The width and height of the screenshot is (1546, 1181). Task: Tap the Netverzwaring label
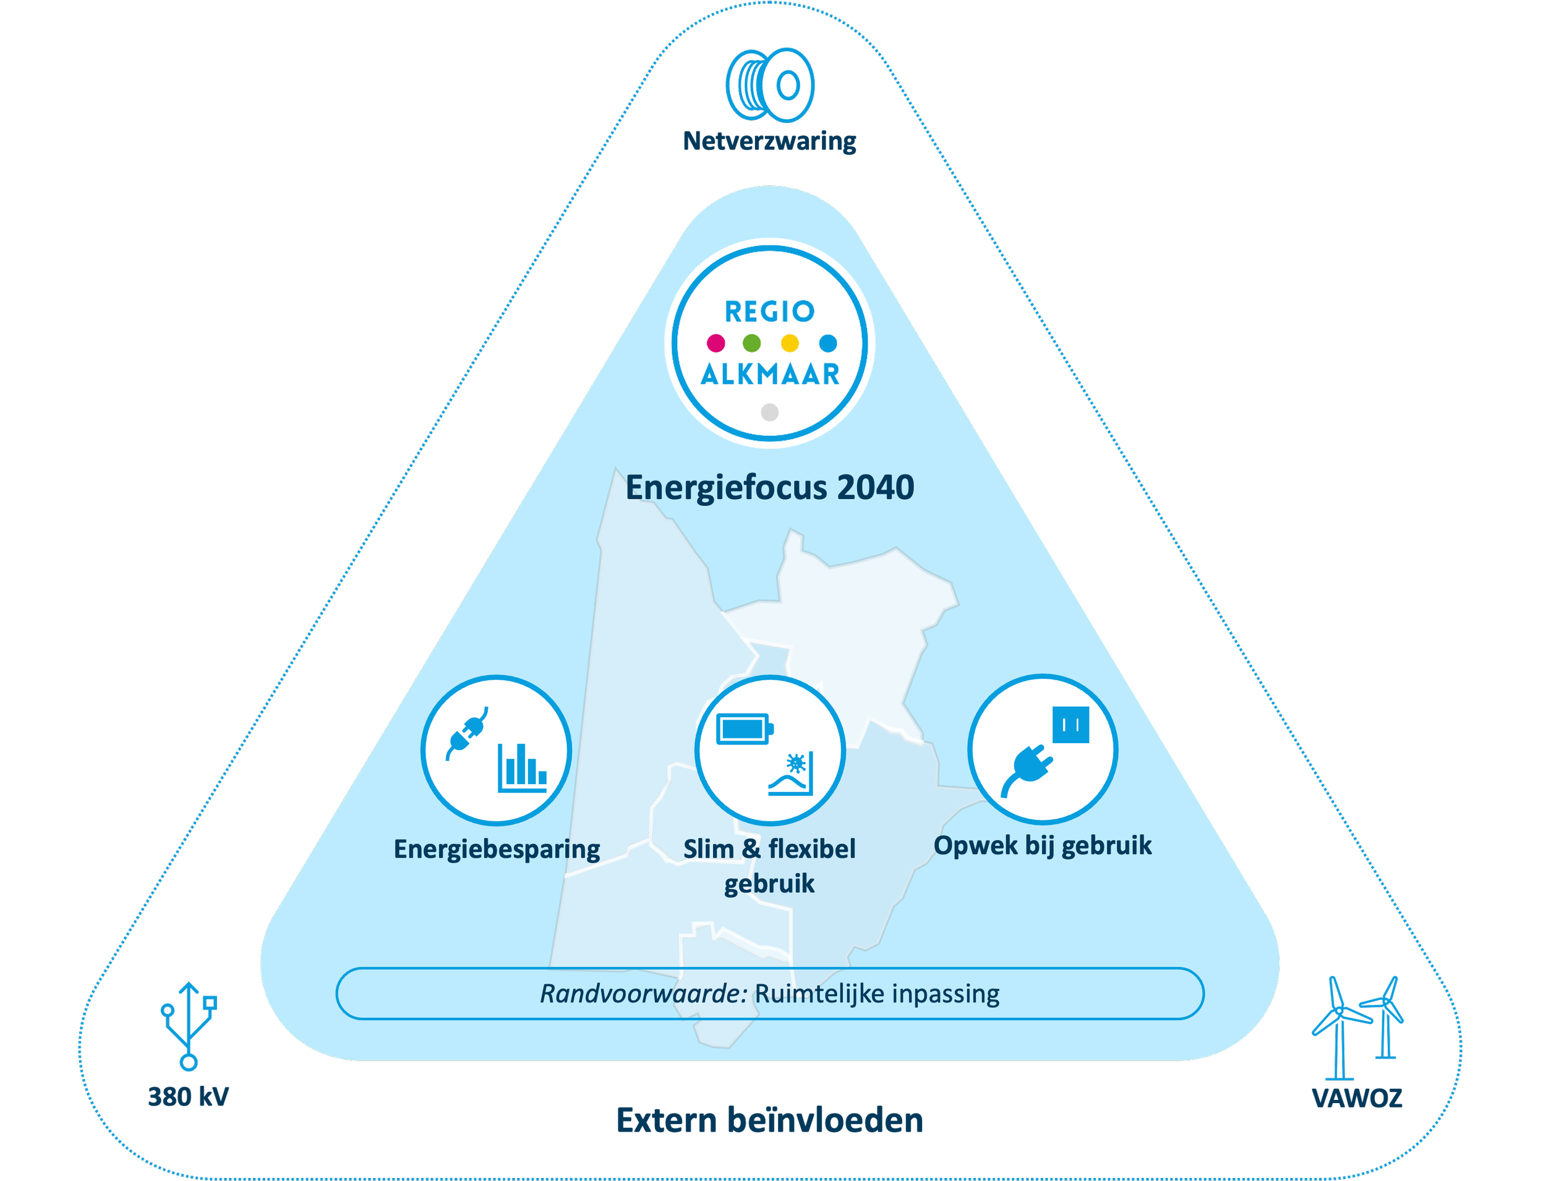point(770,142)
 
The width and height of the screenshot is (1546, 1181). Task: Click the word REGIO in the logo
point(769,312)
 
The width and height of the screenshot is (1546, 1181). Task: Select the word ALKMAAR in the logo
point(770,375)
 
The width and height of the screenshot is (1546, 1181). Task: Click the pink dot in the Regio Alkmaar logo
point(715,343)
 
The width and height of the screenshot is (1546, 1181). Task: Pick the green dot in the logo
point(751,343)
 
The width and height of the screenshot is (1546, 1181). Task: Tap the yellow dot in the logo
point(790,343)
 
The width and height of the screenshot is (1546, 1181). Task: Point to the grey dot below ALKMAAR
point(770,412)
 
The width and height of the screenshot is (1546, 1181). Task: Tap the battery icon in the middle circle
point(745,728)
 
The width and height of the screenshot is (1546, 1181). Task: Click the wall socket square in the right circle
point(1070,724)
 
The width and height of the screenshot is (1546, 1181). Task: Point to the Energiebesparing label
point(497,849)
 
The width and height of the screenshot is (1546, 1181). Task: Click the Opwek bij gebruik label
point(1042,845)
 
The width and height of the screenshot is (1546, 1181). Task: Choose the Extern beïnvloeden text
point(770,1120)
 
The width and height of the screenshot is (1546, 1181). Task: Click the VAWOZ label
point(1357,1098)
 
